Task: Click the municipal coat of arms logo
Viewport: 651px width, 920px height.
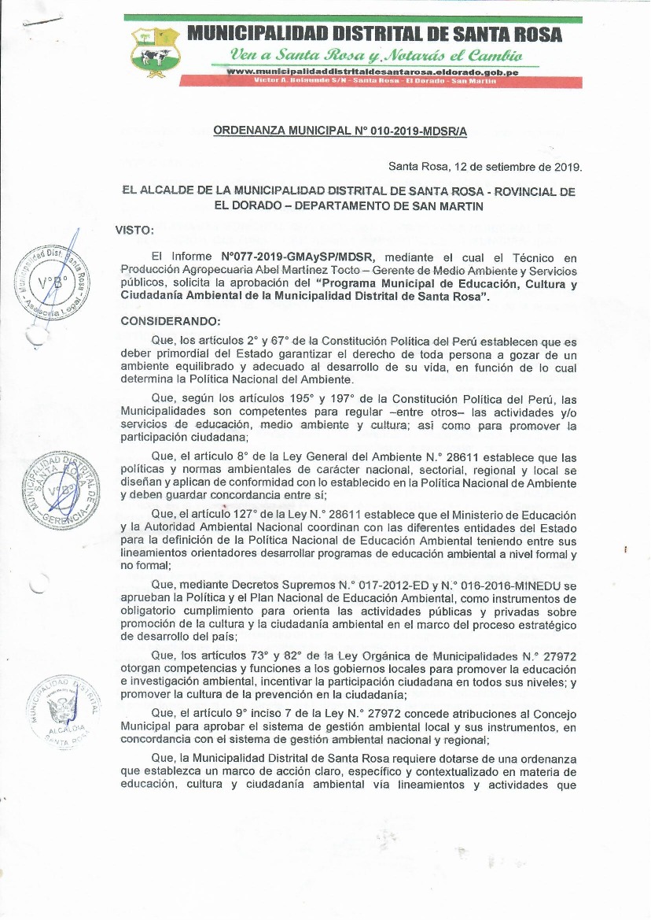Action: (x=156, y=52)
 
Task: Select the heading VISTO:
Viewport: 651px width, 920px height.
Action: (x=135, y=230)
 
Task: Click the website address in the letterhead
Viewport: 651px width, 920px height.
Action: (x=371, y=72)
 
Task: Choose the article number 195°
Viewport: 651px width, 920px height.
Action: (x=270, y=399)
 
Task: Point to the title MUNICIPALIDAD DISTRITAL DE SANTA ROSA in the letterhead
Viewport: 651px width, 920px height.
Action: (x=374, y=35)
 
